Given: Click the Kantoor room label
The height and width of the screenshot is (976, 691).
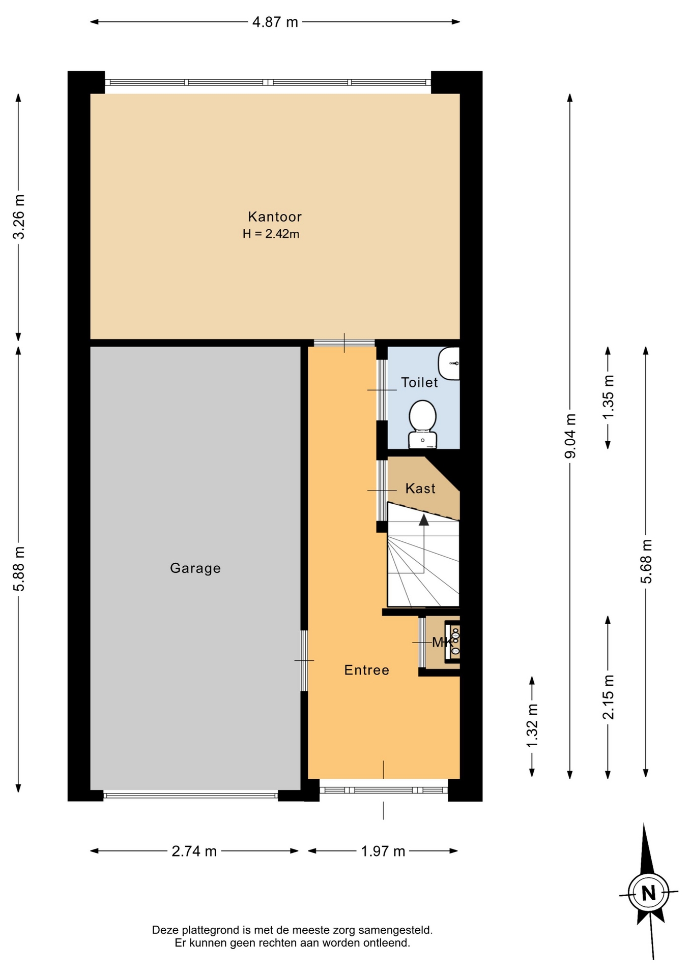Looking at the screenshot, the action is (275, 217).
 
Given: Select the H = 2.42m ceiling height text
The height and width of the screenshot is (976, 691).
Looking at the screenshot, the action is (271, 234).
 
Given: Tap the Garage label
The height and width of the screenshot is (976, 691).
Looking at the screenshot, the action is (195, 568).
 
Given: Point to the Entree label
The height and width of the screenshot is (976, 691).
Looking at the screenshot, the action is (367, 670).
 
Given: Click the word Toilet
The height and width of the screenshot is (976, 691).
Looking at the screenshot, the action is (419, 382).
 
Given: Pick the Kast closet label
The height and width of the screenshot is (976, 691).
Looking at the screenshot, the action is (420, 489).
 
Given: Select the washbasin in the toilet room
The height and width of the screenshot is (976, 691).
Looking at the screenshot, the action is (449, 363).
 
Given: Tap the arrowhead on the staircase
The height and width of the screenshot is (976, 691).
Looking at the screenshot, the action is (423, 519).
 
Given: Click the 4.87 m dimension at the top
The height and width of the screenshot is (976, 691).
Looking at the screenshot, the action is (275, 22).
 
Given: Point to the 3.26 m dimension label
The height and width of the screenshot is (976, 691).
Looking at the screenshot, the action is (18, 217).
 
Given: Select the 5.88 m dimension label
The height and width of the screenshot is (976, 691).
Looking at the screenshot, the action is (18, 569).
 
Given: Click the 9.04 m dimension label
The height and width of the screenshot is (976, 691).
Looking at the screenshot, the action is (570, 436).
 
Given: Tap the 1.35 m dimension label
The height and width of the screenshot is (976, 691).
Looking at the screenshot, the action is (608, 396).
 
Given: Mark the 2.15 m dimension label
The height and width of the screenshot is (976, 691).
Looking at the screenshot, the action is (608, 697).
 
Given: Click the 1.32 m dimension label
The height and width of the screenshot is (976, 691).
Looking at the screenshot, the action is (532, 726).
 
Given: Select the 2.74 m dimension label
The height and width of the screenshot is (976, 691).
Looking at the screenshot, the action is (194, 851).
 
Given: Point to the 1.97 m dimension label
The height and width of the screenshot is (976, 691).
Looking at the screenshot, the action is (383, 851).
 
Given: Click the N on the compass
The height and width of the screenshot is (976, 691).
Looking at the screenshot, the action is (648, 893).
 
